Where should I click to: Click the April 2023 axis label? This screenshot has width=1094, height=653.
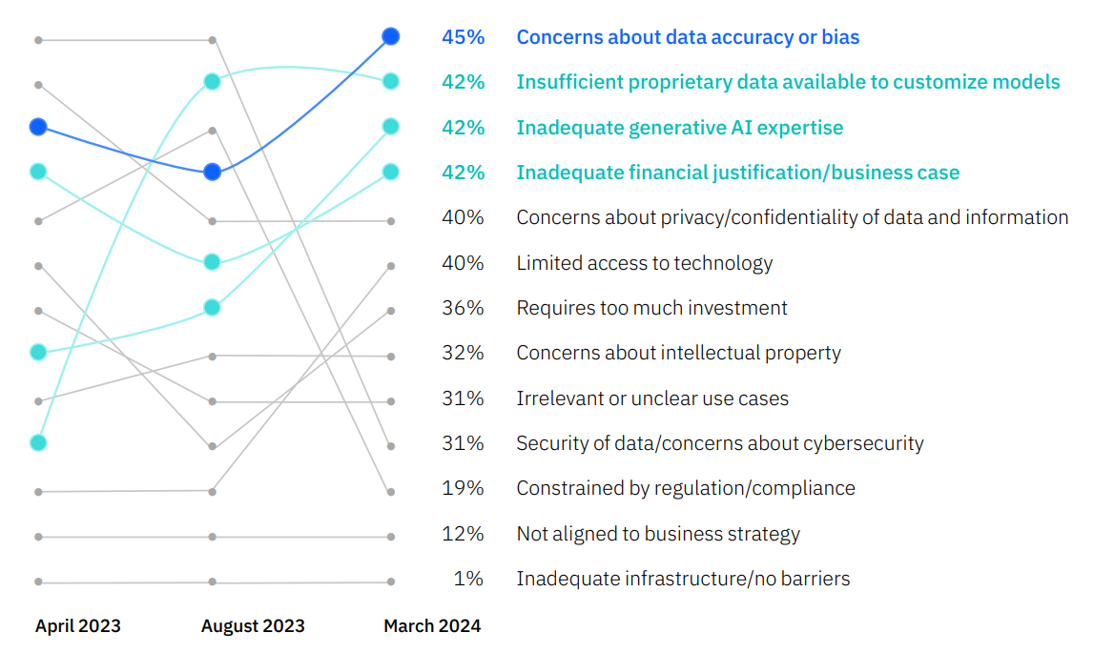pyautogui.click(x=78, y=626)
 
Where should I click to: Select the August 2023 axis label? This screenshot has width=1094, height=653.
pyautogui.click(x=253, y=626)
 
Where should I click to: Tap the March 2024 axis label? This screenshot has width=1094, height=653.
pyautogui.click(x=432, y=626)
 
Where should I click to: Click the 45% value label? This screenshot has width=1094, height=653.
pyautogui.click(x=463, y=37)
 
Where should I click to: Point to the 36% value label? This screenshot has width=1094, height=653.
pyautogui.click(x=463, y=308)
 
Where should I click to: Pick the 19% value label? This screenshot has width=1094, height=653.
pyautogui.click(x=463, y=488)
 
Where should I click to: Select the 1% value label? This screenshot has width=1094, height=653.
pyautogui.click(x=468, y=579)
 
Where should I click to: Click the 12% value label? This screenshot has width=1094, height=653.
pyautogui.click(x=463, y=534)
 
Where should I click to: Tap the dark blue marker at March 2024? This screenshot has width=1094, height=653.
pyautogui.click(x=390, y=36)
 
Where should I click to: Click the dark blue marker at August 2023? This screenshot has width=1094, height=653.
pyautogui.click(x=213, y=172)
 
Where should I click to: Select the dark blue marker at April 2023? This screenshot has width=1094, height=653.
pyautogui.click(x=38, y=126)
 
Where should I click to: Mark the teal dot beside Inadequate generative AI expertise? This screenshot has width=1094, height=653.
pyautogui.click(x=390, y=126)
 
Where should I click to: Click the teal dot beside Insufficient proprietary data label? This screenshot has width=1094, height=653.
pyautogui.click(x=390, y=81)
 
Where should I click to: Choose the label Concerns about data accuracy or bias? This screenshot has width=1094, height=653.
pyautogui.click(x=688, y=37)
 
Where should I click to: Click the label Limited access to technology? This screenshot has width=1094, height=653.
pyautogui.click(x=644, y=263)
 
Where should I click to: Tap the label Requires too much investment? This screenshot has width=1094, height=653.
pyautogui.click(x=651, y=308)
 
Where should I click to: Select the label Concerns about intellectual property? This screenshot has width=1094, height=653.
pyautogui.click(x=678, y=353)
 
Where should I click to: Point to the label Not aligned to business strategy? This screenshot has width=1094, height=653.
pyautogui.click(x=658, y=534)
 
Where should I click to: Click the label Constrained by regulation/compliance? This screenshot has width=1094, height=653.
pyautogui.click(x=686, y=488)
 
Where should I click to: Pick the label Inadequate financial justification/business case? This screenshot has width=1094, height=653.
pyautogui.click(x=737, y=173)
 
